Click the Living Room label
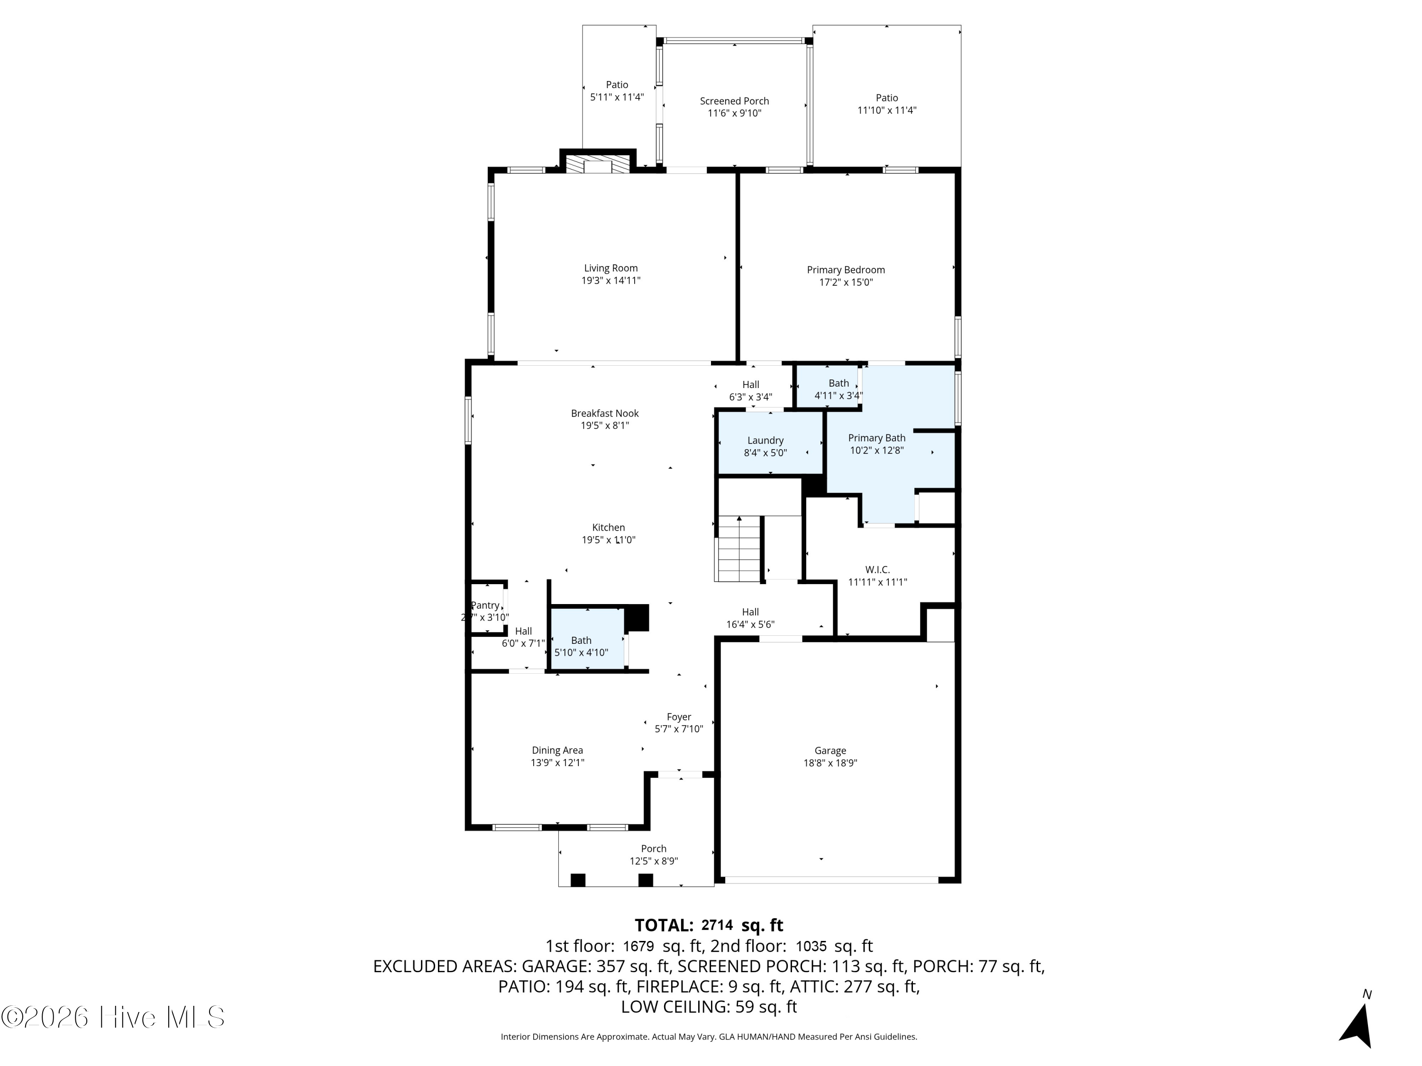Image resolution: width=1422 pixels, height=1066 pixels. pos(611,269)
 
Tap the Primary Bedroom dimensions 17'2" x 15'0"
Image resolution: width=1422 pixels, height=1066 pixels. pos(846,282)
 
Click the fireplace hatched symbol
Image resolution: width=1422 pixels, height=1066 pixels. pos(598,164)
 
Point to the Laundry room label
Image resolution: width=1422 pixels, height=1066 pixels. pos(765,441)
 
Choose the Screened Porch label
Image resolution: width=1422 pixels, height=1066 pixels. pos(734,101)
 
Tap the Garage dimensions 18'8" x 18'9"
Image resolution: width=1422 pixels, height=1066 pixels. pos(830,763)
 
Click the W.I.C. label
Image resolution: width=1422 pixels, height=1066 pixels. pos(877,570)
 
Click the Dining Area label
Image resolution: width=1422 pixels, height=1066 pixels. pos(557,750)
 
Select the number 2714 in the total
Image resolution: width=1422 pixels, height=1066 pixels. pos(717,925)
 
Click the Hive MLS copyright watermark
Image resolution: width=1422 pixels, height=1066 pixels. pos(113,1017)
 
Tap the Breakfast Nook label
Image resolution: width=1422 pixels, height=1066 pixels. pos(605,414)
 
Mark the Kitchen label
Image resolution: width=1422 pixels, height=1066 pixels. pos(609,527)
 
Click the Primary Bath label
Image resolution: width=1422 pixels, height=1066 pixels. pos(877,438)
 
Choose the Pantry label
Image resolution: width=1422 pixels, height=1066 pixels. pos(485,605)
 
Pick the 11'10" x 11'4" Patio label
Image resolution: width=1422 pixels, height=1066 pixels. pos(886,104)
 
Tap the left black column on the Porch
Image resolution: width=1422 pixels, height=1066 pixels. pos(578,880)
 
